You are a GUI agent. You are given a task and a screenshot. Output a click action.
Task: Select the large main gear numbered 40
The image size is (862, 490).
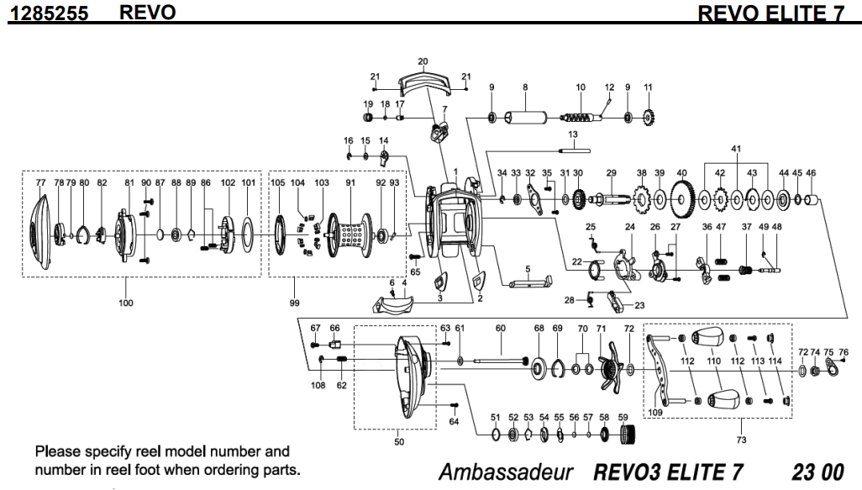pos(682,199)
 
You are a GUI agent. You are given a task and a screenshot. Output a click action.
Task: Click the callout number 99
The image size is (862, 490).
pos(293,302)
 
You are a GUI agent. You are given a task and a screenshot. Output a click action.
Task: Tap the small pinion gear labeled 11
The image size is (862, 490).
pos(648,115)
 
